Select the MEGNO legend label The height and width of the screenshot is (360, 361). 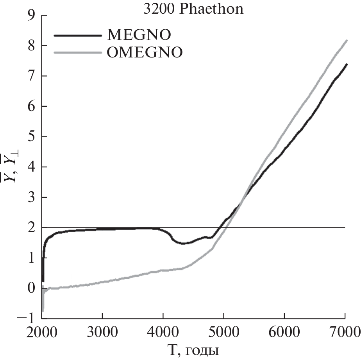point(139,35)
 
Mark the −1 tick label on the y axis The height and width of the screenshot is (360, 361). point(27,319)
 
